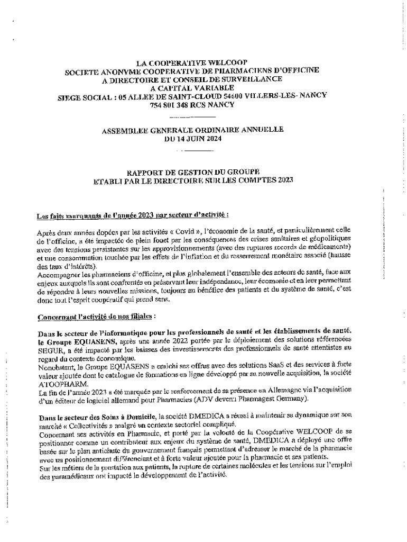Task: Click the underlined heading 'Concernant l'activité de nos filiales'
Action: pos(96,318)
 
